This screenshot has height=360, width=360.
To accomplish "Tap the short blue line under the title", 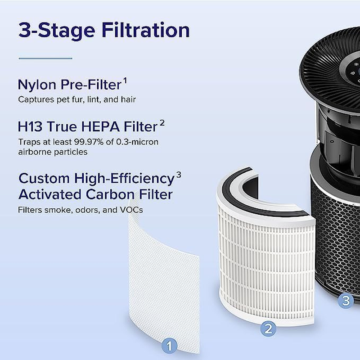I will point(45,58).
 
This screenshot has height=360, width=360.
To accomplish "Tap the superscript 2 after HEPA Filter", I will point(162,122).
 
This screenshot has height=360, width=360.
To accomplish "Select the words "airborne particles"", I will point(53,152).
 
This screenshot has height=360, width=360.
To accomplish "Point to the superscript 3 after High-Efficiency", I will point(178,175).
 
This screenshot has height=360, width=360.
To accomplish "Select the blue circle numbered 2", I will point(268,328).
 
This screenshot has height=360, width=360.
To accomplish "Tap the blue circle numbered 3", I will point(346,301).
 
